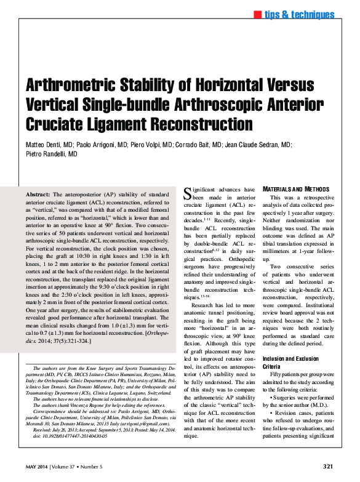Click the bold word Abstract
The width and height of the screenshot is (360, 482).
(x=38, y=194)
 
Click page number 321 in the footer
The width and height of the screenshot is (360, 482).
(x=328, y=466)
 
